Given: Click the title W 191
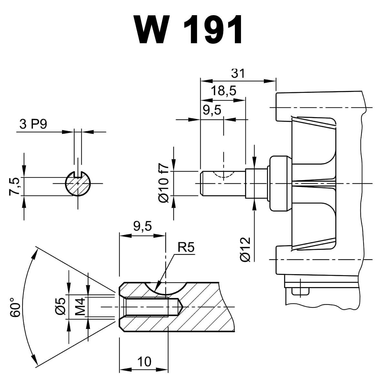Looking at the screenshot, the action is (x=189, y=30).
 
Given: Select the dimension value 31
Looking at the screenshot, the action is (x=238, y=73).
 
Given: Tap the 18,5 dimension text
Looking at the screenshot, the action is (x=224, y=91).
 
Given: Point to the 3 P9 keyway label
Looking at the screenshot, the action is (x=33, y=125).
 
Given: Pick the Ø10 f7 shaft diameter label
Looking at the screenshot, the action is (x=164, y=184).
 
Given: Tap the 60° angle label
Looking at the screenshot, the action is (x=15, y=306).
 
